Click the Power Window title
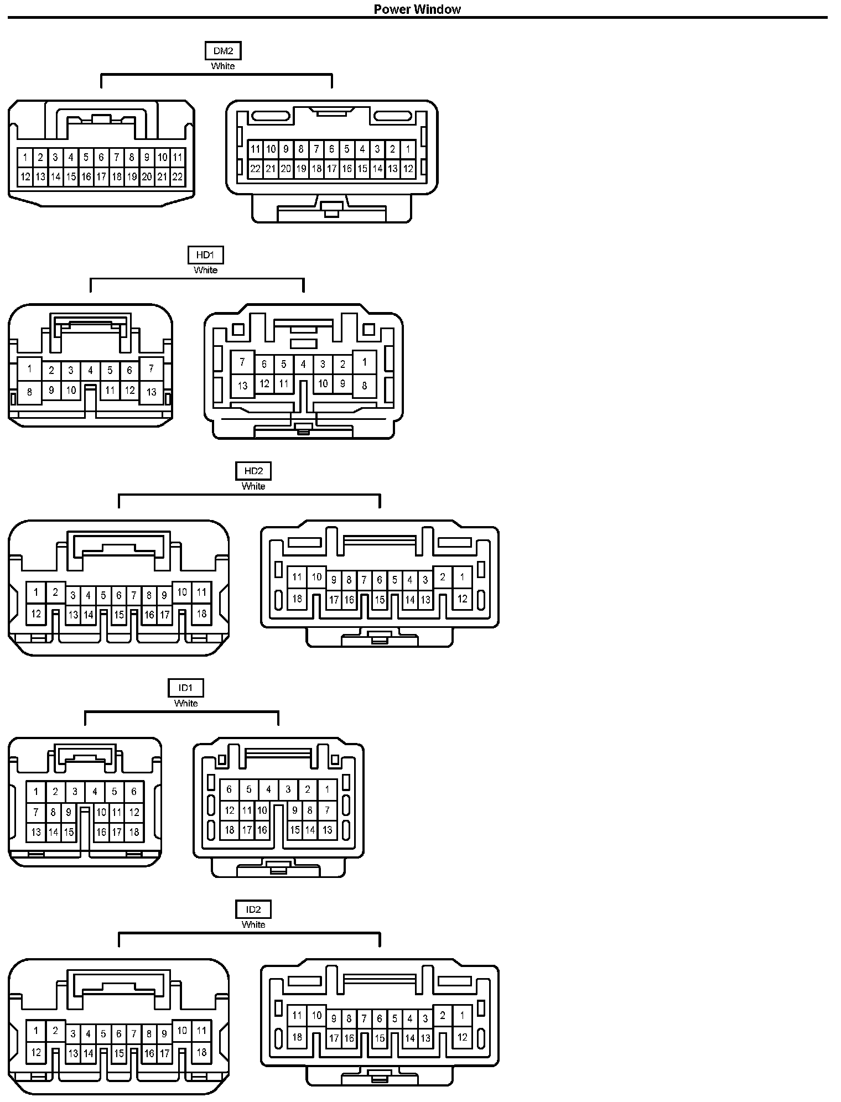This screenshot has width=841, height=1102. pyautogui.click(x=417, y=9)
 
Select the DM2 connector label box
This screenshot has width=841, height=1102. pyautogui.click(x=223, y=51)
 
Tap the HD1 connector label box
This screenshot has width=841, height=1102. pyautogui.click(x=205, y=255)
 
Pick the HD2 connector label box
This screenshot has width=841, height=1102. pyautogui.click(x=253, y=471)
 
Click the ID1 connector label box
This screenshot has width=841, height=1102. pyautogui.click(x=186, y=688)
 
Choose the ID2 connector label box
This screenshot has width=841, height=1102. pyautogui.click(x=253, y=909)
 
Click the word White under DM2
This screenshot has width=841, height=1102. pyautogui.click(x=223, y=66)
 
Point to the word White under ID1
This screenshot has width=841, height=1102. pyautogui.click(x=186, y=703)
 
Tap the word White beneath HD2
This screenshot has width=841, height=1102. pyautogui.click(x=253, y=486)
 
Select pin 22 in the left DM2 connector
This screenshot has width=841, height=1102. pyautogui.click(x=177, y=177)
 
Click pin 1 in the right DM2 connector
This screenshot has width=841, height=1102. pyautogui.click(x=408, y=149)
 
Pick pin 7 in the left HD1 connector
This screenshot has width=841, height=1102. pyautogui.click(x=151, y=368)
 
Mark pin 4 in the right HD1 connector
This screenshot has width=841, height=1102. pyautogui.click(x=303, y=364)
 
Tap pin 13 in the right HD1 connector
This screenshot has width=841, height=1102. pyautogui.click(x=242, y=385)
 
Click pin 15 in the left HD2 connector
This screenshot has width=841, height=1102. pyautogui.click(x=119, y=615)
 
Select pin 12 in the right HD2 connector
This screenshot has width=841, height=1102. pyautogui.click(x=462, y=598)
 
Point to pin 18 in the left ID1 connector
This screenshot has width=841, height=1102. pyautogui.click(x=134, y=831)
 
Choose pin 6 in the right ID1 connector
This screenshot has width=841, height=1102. pyautogui.click(x=230, y=789)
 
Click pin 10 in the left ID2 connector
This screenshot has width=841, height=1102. pyautogui.click(x=182, y=1030)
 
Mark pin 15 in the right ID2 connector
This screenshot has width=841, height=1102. pyautogui.click(x=380, y=1038)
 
